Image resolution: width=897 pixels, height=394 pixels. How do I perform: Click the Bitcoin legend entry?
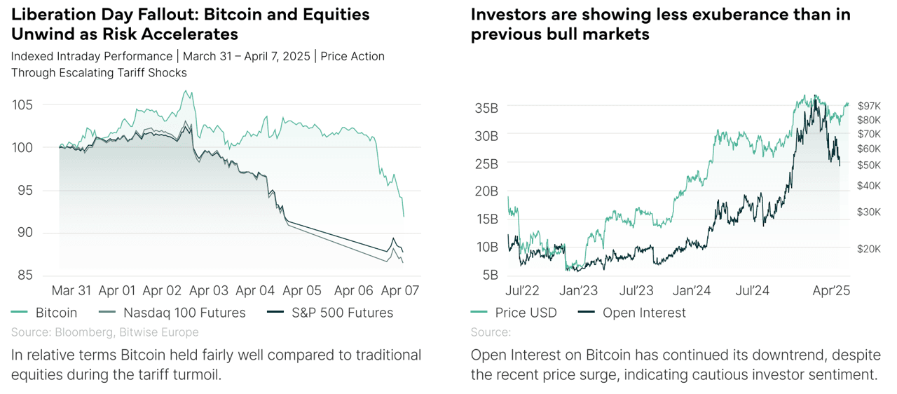[x=56, y=313]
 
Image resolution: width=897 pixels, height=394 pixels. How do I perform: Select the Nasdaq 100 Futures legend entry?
[x=184, y=313]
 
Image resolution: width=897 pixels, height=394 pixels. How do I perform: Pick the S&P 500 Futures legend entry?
[x=342, y=313]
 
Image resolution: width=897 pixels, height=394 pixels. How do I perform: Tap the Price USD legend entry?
[x=526, y=313]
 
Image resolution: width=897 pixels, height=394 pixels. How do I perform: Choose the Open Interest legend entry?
[x=644, y=313]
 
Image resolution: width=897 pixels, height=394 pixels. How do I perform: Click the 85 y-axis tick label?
[x=25, y=276]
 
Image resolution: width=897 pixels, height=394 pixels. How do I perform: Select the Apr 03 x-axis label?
[x=209, y=290]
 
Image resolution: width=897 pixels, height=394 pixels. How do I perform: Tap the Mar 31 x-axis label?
[x=71, y=290]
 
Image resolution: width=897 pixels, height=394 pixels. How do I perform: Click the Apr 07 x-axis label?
[x=400, y=290]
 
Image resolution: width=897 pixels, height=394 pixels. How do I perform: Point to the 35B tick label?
[x=486, y=108]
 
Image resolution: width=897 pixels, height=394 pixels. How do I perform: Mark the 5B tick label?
[x=490, y=275]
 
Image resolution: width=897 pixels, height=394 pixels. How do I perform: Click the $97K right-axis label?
[x=869, y=105]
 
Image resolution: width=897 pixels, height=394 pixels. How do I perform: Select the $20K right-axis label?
[x=869, y=249]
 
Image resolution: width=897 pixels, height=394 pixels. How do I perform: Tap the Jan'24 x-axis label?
[x=693, y=290]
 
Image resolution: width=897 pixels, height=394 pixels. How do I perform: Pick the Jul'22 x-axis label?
[x=523, y=290]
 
